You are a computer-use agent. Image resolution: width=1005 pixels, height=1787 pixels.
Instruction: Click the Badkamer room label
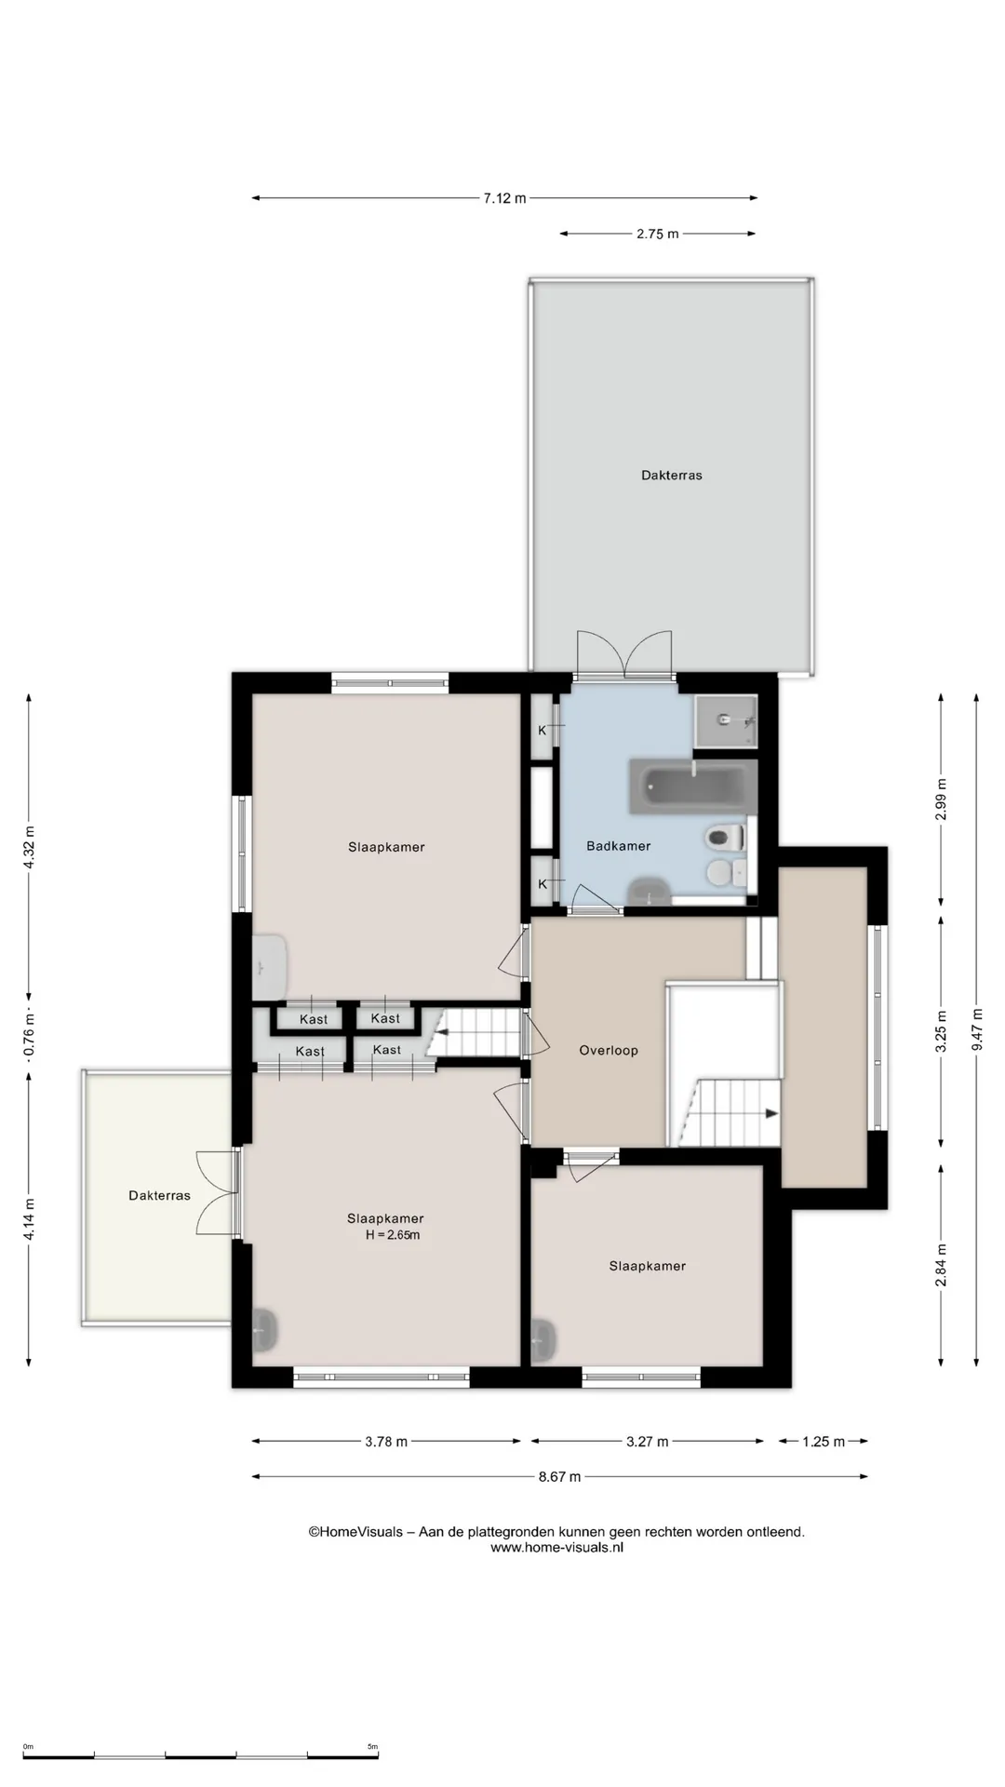pyautogui.click(x=618, y=846)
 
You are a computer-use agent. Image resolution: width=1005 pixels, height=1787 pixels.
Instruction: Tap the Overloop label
pyautogui.click(x=609, y=1051)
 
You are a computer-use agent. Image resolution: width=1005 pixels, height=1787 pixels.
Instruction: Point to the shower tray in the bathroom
pyautogui.click(x=725, y=720)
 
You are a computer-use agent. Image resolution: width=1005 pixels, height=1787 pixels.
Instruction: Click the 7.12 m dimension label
pyautogui.click(x=504, y=198)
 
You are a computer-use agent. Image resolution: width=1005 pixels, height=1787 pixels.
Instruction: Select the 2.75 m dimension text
pyautogui.click(x=658, y=235)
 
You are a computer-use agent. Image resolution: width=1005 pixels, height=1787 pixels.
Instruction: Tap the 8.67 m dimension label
pyautogui.click(x=559, y=1476)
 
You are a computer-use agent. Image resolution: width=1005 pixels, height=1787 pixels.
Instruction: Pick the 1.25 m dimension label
pyautogui.click(x=824, y=1442)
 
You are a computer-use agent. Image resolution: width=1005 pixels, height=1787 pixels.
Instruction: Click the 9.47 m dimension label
pyautogui.click(x=976, y=1030)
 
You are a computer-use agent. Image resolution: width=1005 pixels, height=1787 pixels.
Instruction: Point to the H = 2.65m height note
pyautogui.click(x=393, y=1236)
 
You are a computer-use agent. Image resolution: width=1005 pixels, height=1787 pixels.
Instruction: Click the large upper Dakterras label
pyautogui.click(x=672, y=476)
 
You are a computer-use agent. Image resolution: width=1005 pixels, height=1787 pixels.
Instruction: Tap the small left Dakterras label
pyautogui.click(x=159, y=1196)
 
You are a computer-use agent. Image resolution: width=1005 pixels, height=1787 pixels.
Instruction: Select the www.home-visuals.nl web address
pyautogui.click(x=556, y=1548)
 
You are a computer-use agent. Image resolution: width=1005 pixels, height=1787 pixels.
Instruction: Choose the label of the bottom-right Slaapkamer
pyautogui.click(x=648, y=1266)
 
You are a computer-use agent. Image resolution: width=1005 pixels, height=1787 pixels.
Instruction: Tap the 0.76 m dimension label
pyautogui.click(x=29, y=1041)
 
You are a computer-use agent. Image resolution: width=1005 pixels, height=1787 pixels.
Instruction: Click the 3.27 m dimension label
pyautogui.click(x=647, y=1442)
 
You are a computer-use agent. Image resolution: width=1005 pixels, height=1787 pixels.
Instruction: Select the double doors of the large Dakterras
pyautogui.click(x=623, y=653)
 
